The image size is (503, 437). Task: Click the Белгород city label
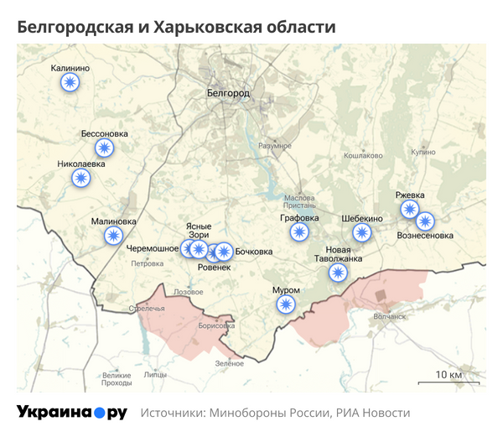point(227,93)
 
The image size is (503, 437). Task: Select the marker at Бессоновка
point(104,148)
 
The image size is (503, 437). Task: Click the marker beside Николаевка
point(80,177)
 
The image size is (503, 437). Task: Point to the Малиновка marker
point(113,236)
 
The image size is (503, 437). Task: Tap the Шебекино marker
point(361,233)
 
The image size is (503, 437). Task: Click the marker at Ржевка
point(409,209)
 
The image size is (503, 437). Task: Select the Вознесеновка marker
point(425,222)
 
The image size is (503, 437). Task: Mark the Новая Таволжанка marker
point(338,273)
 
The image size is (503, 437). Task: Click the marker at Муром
point(286,304)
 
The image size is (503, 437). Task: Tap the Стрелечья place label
point(146,309)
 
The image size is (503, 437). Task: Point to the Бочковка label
point(253,252)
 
